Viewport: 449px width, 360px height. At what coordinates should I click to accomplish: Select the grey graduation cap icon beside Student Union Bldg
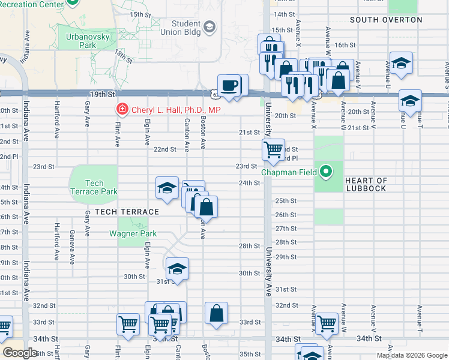click(x=209, y=26)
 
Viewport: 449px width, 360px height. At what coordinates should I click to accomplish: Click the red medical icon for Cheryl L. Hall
click(x=121, y=110)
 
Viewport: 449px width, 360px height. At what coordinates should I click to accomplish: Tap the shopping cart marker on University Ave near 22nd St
click(x=273, y=149)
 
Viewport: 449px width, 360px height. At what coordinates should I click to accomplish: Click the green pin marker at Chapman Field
click(x=326, y=172)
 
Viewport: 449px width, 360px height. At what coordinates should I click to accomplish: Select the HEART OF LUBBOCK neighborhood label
click(x=366, y=184)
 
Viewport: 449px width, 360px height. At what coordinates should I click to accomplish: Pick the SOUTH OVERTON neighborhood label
click(x=386, y=20)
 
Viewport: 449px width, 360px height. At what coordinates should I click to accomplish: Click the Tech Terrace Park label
click(x=94, y=187)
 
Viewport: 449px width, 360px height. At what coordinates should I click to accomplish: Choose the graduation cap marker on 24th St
click(x=167, y=188)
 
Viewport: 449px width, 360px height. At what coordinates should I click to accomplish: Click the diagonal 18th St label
click(x=123, y=56)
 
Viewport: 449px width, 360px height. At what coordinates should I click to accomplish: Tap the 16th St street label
click(x=345, y=45)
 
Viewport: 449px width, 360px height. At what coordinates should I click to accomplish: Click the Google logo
click(x=20, y=353)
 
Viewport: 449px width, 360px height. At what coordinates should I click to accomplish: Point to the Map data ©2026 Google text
click(x=412, y=355)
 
